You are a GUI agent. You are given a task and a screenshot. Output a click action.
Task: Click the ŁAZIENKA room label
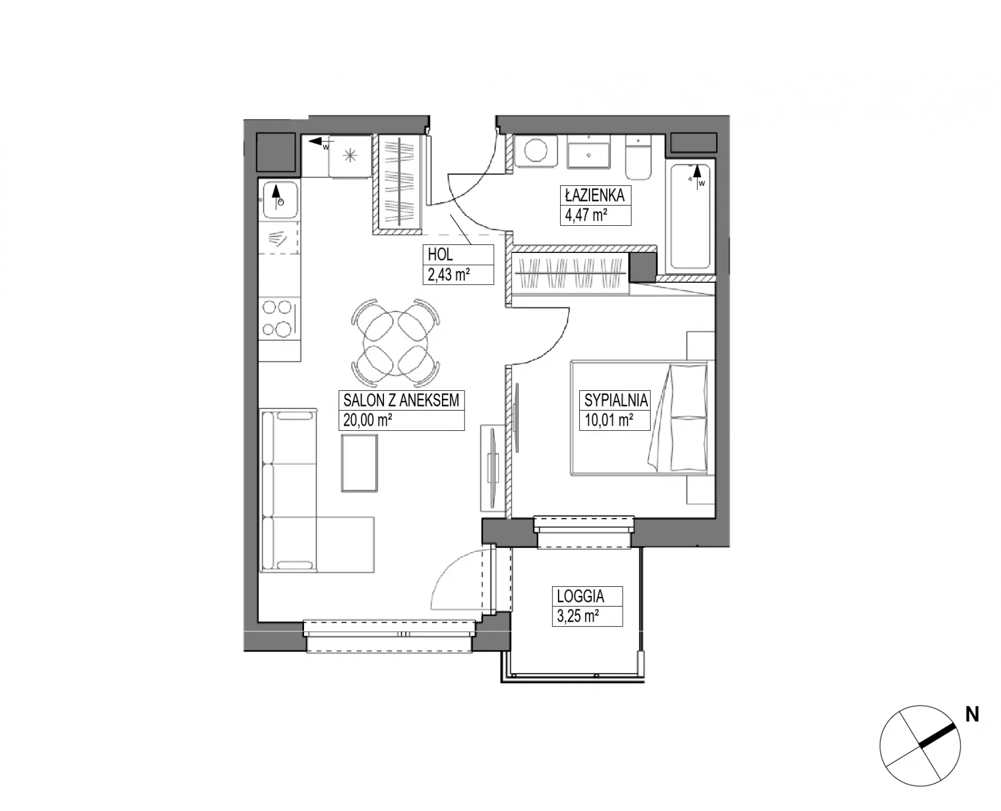click(x=595, y=195)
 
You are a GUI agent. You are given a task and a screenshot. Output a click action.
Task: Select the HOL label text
click(x=440, y=255)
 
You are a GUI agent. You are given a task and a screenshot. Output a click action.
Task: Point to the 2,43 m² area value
click(x=449, y=274)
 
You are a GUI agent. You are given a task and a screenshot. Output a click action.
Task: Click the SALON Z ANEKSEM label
click(x=401, y=400)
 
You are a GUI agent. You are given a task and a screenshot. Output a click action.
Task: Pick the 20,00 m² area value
click(x=368, y=420)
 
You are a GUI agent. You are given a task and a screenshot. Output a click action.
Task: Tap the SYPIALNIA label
click(x=616, y=400)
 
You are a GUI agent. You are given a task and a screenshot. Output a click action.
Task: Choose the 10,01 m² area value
click(x=609, y=420)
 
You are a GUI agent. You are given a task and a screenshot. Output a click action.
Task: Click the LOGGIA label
click(x=580, y=596)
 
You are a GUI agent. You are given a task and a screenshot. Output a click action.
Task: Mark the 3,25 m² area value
click(x=578, y=616)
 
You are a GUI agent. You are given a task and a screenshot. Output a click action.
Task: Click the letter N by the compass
click(x=972, y=715)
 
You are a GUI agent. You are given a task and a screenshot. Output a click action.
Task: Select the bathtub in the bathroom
click(x=690, y=216)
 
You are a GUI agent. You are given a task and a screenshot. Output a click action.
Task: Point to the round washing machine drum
click(x=535, y=151)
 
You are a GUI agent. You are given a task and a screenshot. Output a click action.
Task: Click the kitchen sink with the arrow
click(x=279, y=200)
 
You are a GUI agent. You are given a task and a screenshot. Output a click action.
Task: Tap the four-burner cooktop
click(x=279, y=318)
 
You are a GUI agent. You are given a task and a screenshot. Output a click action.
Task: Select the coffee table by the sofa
click(x=359, y=463)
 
